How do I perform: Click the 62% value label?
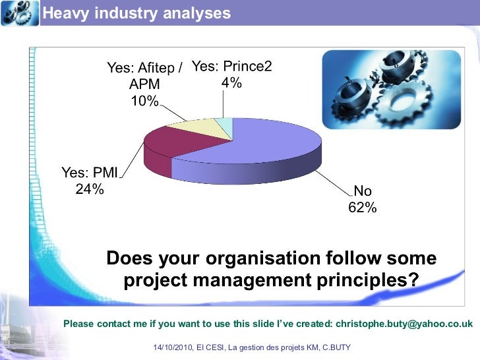click(362, 208)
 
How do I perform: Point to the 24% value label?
click(90, 189)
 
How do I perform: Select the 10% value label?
click(144, 101)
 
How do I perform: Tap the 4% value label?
click(231, 82)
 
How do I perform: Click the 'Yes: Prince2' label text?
click(231, 66)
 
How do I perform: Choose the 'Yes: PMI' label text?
click(90, 173)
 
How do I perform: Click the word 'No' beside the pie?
click(363, 191)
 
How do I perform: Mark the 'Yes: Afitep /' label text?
click(144, 68)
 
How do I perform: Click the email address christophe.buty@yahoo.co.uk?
click(404, 324)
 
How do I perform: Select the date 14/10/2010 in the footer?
click(173, 347)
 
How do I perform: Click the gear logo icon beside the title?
click(20, 13)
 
